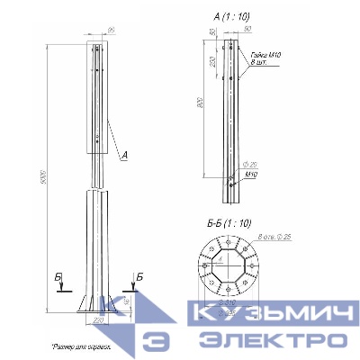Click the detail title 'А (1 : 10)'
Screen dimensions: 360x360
tap(229, 16)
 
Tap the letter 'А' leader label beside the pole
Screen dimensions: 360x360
tap(124, 155)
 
